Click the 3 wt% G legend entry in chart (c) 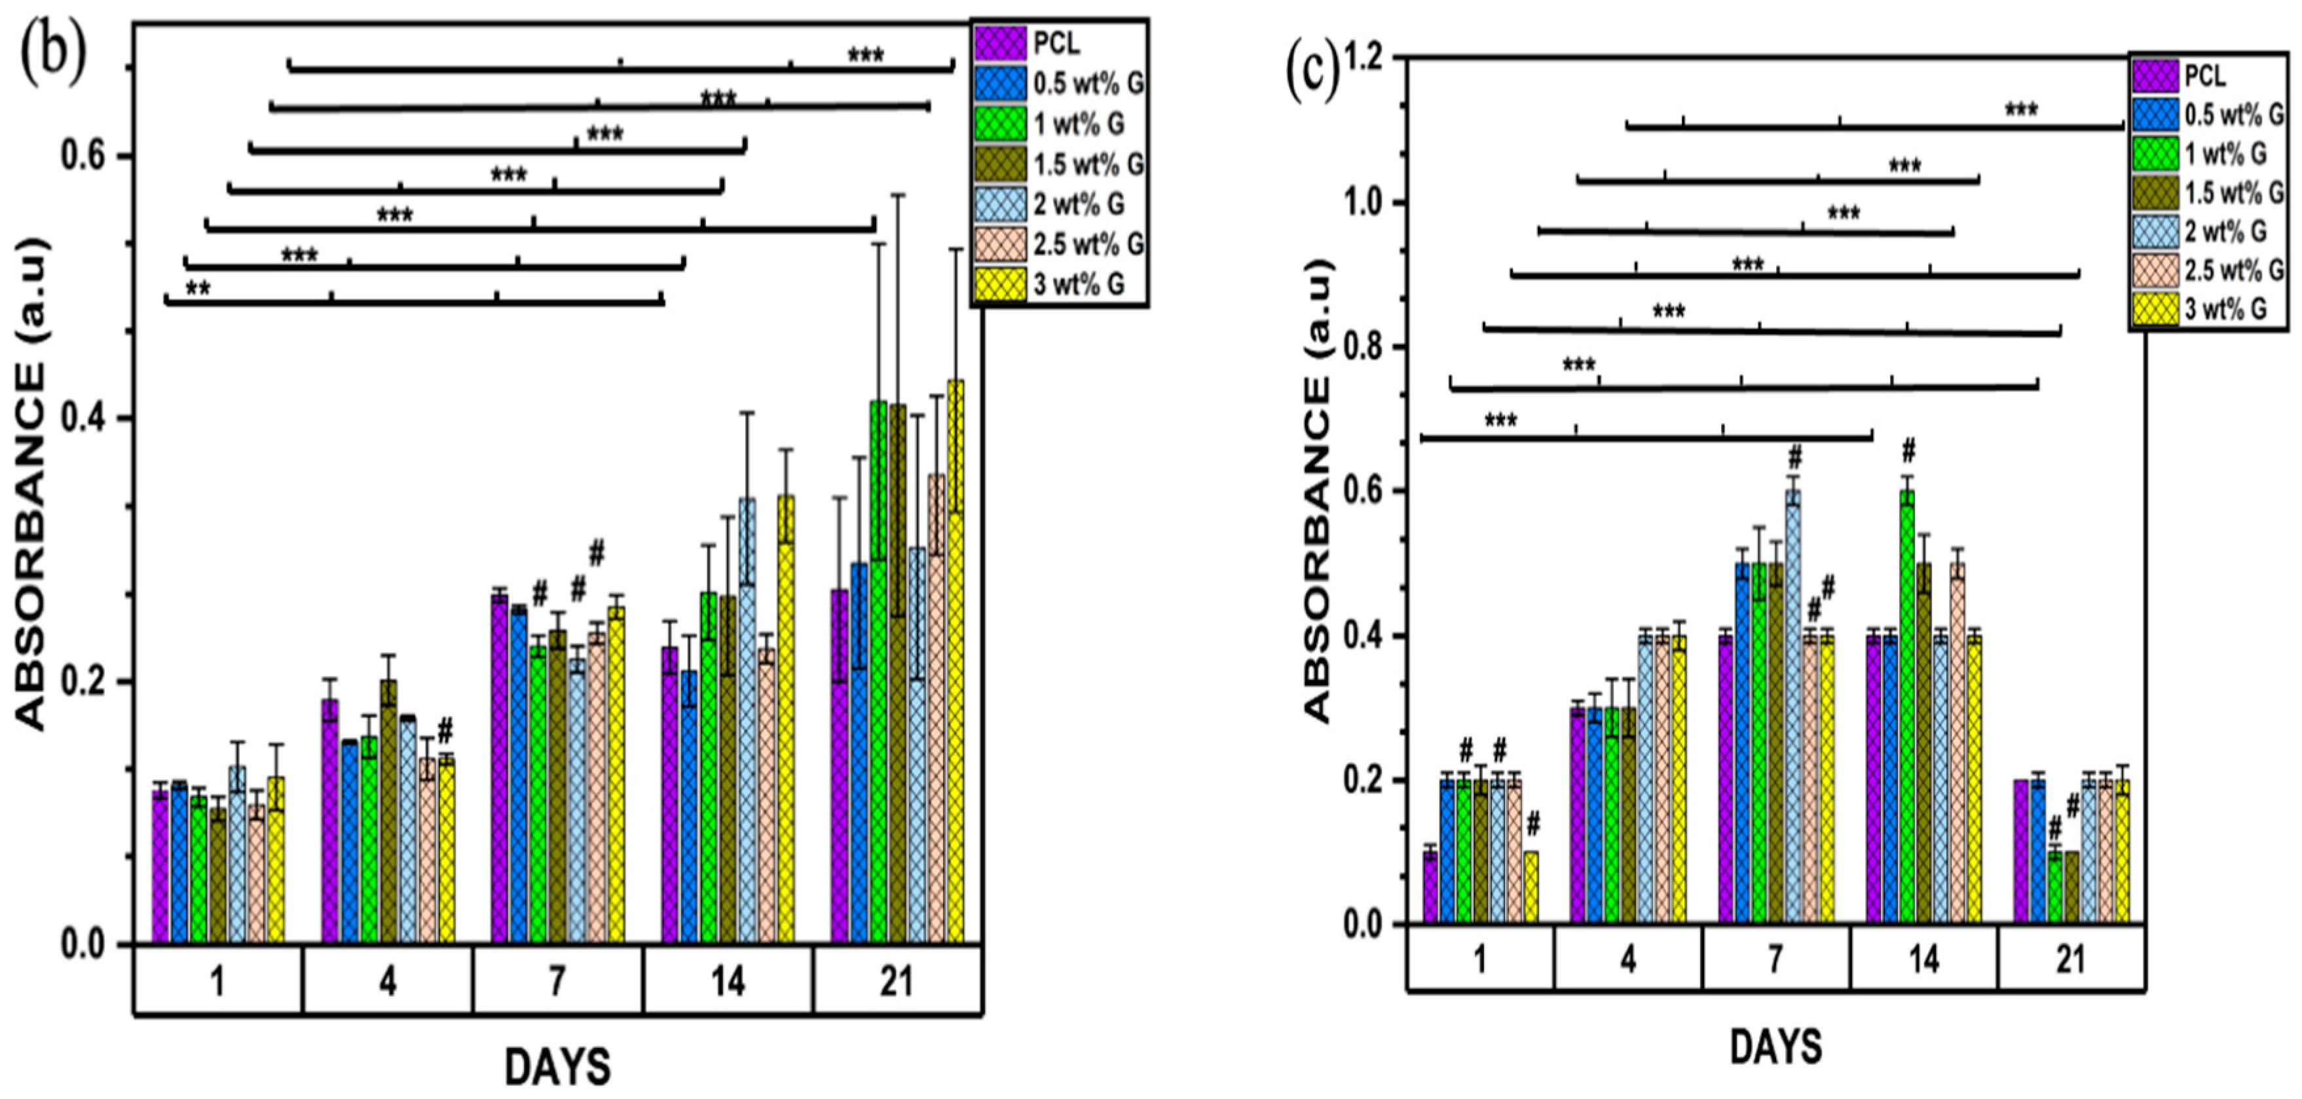pos(2225,309)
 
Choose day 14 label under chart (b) pos(728,982)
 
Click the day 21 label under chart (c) pos(2071,959)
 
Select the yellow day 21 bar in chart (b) pos(956,661)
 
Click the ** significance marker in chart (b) pos(198,288)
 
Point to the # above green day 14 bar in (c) pos(1909,448)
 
